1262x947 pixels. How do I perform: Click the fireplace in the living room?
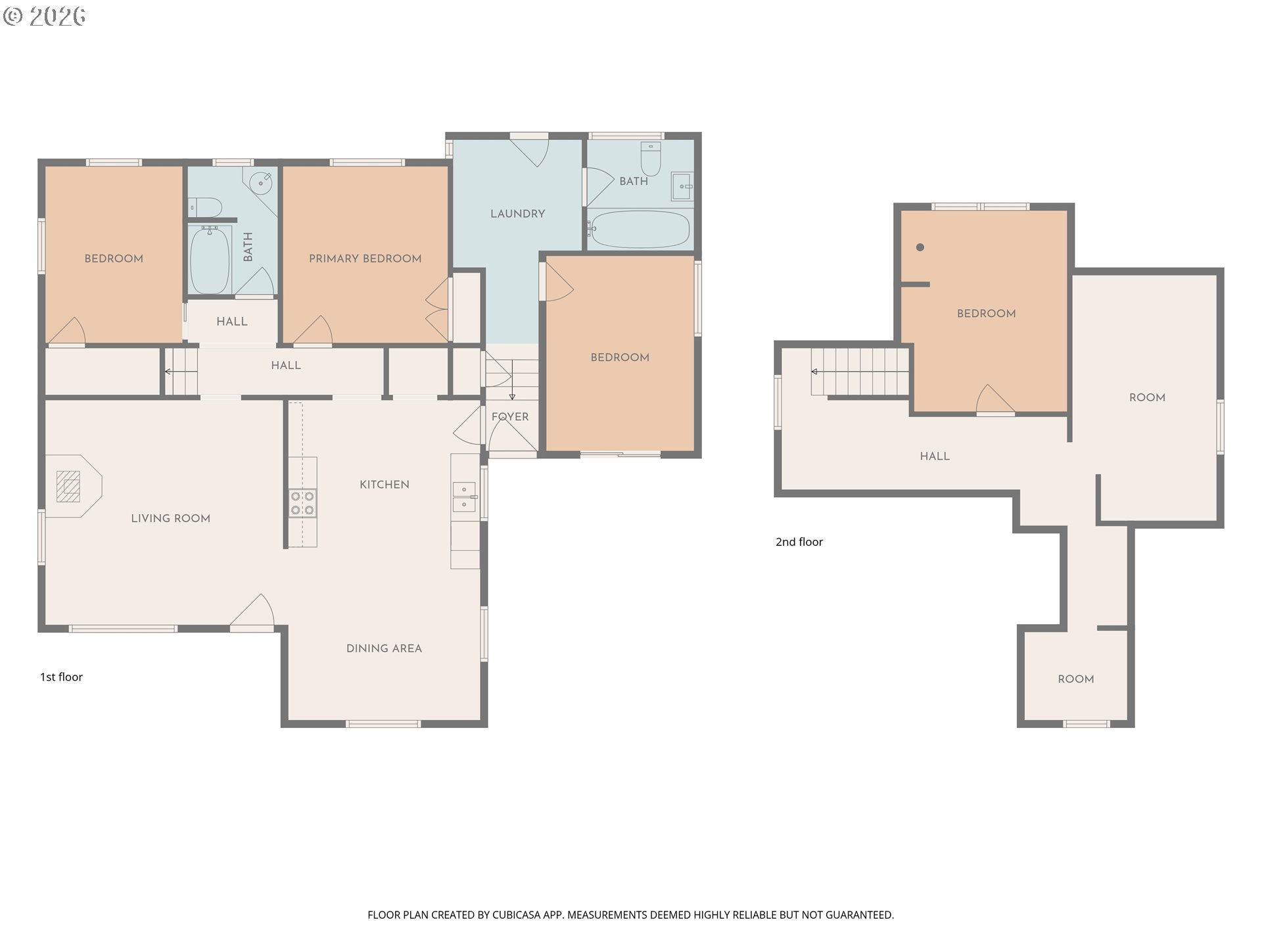click(x=68, y=487)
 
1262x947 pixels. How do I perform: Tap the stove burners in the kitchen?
click(x=302, y=503)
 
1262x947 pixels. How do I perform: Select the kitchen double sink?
click(x=465, y=497)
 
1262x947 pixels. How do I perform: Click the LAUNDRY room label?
click(x=518, y=214)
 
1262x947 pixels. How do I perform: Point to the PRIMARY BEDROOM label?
click(x=365, y=258)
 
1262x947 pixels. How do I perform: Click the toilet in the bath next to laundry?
click(x=650, y=158)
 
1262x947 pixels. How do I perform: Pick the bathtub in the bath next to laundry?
click(x=638, y=229)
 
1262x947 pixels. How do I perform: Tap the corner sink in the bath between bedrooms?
click(x=262, y=182)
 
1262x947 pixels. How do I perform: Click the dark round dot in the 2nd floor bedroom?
click(x=920, y=247)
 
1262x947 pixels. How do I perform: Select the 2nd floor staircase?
click(x=860, y=372)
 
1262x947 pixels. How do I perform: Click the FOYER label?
click(x=510, y=417)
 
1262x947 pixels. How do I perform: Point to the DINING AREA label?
click(x=384, y=648)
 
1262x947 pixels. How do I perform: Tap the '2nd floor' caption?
click(x=799, y=542)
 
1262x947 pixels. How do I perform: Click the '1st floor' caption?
click(x=61, y=677)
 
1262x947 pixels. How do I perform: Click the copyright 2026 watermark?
click(x=44, y=16)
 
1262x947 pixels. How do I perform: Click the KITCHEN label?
click(x=385, y=485)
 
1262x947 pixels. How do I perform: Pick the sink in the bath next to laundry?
click(x=682, y=186)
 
